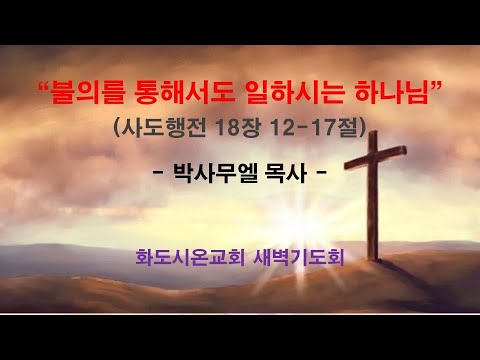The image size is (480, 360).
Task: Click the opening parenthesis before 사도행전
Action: pyautogui.click(x=113, y=129)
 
